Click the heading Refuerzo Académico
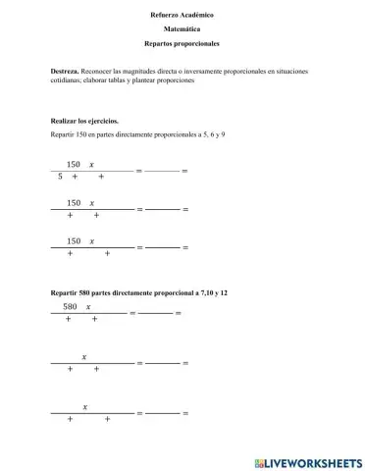click(182, 16)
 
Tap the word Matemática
click(182, 30)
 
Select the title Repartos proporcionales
click(182, 45)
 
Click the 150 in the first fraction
click(73, 164)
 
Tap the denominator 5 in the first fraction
click(60, 177)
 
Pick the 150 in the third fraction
click(73, 240)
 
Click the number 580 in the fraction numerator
click(70, 307)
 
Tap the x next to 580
click(88, 307)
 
